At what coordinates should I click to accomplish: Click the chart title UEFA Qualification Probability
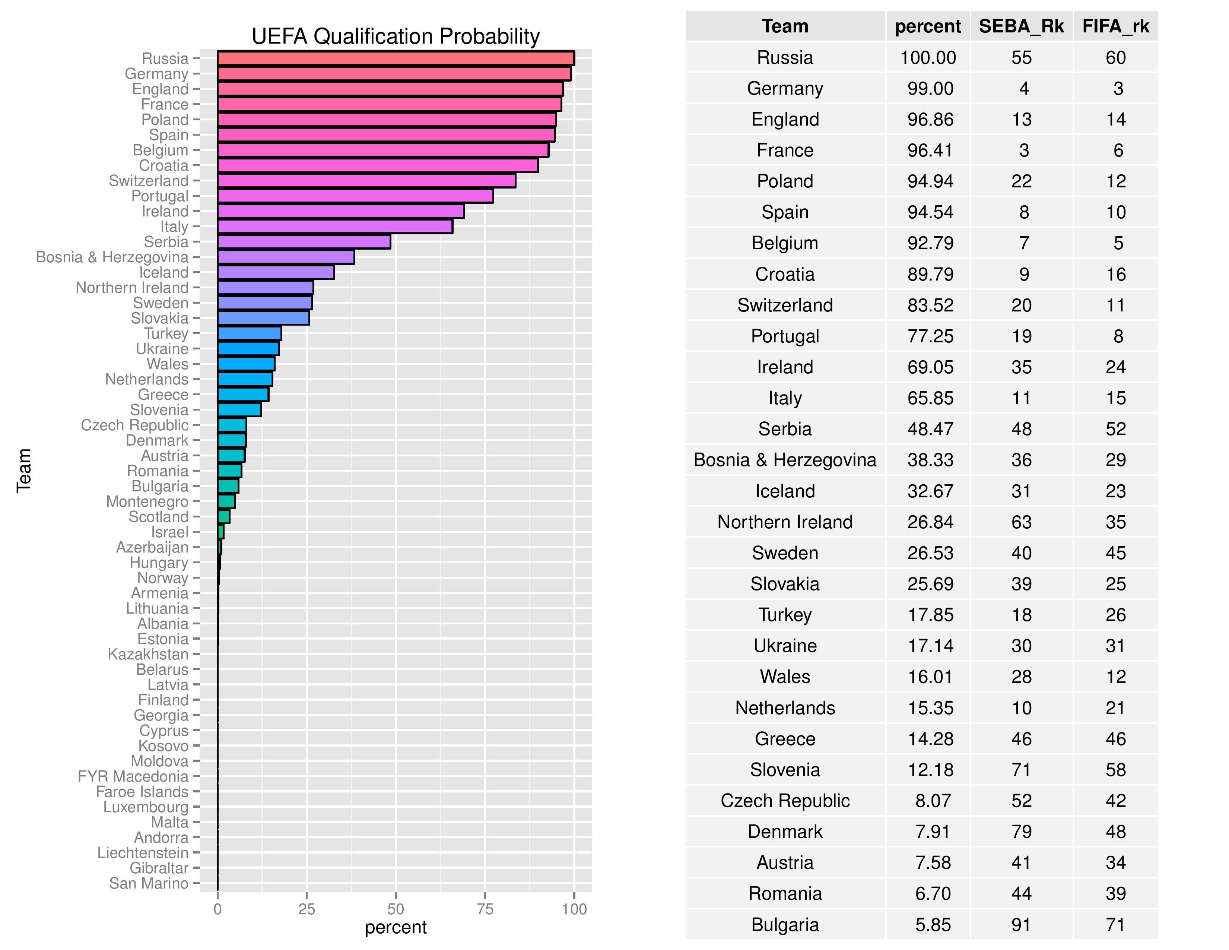395,37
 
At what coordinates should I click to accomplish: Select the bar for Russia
395,58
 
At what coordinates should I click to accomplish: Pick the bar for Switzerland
366,181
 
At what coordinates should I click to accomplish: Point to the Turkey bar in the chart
249,333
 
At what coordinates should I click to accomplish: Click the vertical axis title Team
23,471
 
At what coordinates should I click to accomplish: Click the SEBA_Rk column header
1021,26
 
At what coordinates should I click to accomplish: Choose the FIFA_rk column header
1115,26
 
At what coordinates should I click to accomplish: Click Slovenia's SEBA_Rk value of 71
1021,770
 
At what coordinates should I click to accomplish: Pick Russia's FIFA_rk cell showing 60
1115,57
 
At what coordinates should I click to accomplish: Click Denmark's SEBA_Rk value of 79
1021,832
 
